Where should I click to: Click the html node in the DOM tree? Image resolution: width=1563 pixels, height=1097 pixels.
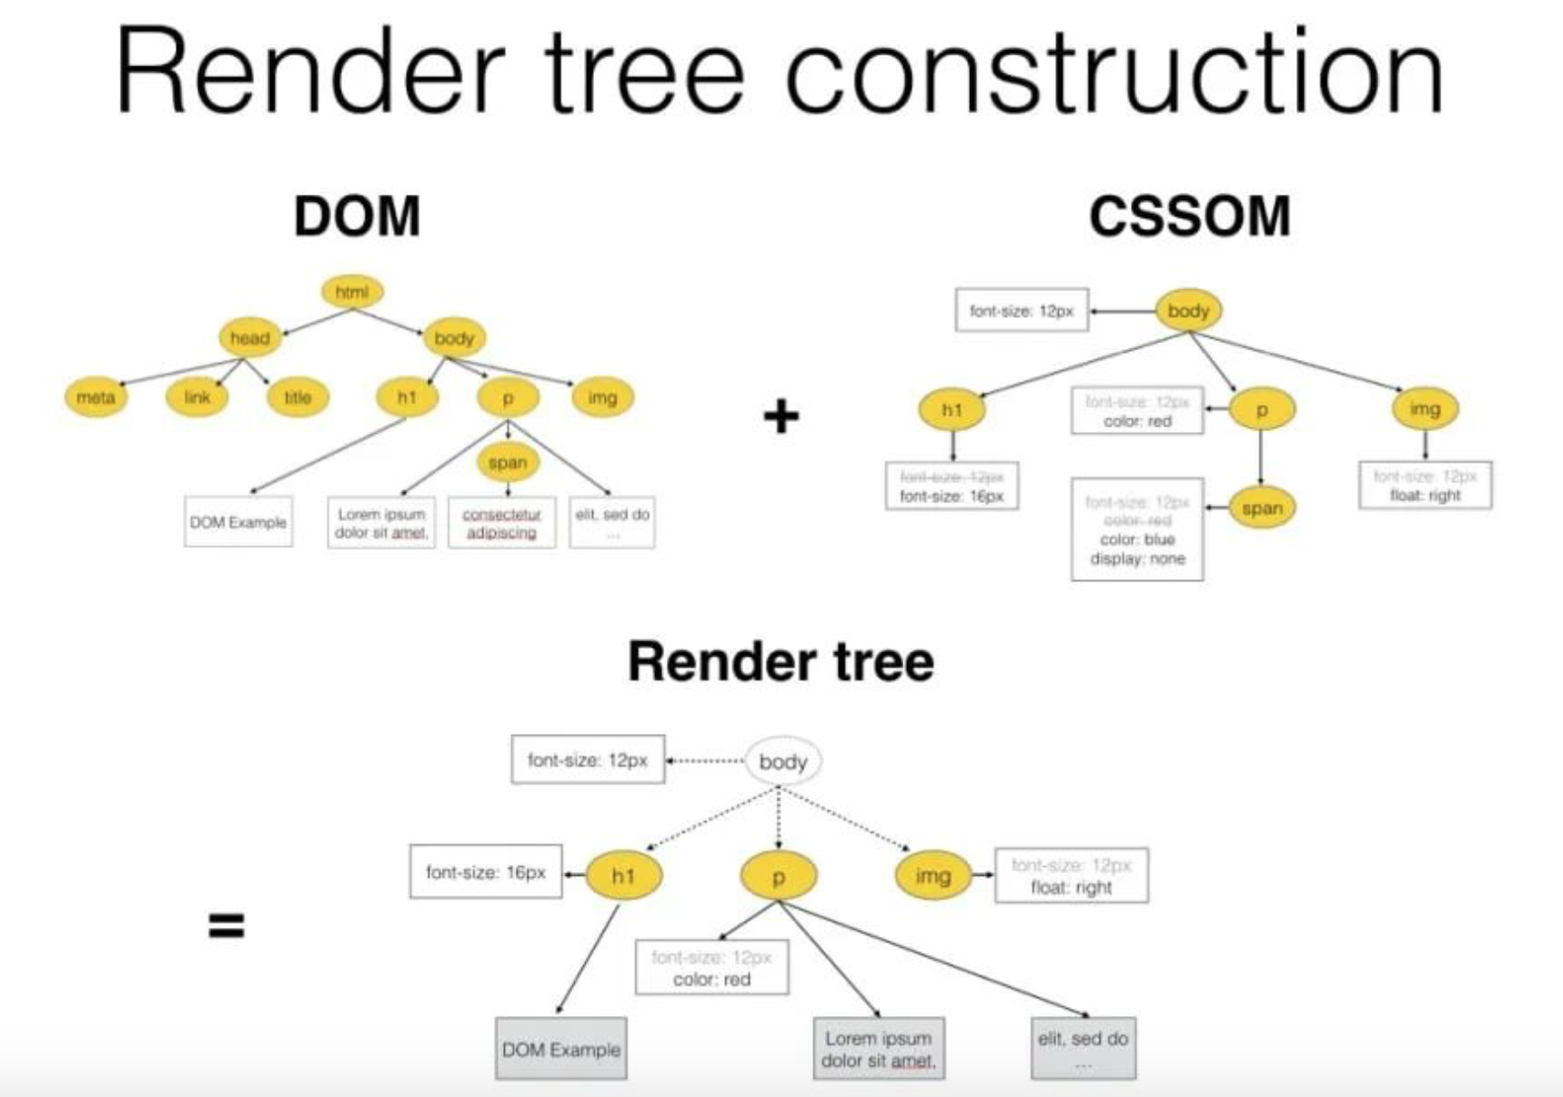pyautogui.click(x=352, y=292)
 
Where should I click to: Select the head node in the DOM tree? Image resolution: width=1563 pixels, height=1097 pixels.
pyautogui.click(x=249, y=338)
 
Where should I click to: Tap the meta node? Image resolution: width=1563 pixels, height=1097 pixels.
pyautogui.click(x=96, y=398)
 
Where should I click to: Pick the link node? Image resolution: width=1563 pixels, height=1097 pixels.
pyautogui.click(x=197, y=398)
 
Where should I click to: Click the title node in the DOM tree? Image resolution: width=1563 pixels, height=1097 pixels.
pyautogui.click(x=297, y=398)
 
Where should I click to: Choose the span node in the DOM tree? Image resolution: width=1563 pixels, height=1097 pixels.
pyautogui.click(x=508, y=462)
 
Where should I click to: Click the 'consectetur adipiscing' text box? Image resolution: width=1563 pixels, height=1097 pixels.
pyautogui.click(x=501, y=523)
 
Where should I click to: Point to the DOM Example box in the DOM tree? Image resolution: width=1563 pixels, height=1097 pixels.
pyautogui.click(x=238, y=522)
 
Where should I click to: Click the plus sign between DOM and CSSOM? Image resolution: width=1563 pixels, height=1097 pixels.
pyautogui.click(x=781, y=417)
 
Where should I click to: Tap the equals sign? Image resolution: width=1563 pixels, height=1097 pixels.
pyautogui.click(x=226, y=926)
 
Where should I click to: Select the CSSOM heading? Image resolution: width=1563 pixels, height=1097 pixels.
pyautogui.click(x=1189, y=216)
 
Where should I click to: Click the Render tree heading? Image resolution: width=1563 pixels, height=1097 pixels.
pyautogui.click(x=781, y=661)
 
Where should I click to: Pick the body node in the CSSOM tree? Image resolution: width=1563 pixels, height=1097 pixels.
pyautogui.click(x=1188, y=311)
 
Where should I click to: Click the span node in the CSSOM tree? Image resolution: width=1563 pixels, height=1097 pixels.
pyautogui.click(x=1262, y=508)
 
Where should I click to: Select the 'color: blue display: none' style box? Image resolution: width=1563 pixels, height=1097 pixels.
pyautogui.click(x=1137, y=529)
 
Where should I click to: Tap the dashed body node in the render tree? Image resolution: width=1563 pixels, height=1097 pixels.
pyautogui.click(x=782, y=761)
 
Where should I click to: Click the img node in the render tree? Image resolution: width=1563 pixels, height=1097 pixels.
pyautogui.click(x=933, y=876)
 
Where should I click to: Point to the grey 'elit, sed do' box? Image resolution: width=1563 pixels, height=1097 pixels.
pyautogui.click(x=1083, y=1049)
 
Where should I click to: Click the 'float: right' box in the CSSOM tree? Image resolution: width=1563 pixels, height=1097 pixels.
pyautogui.click(x=1425, y=486)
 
